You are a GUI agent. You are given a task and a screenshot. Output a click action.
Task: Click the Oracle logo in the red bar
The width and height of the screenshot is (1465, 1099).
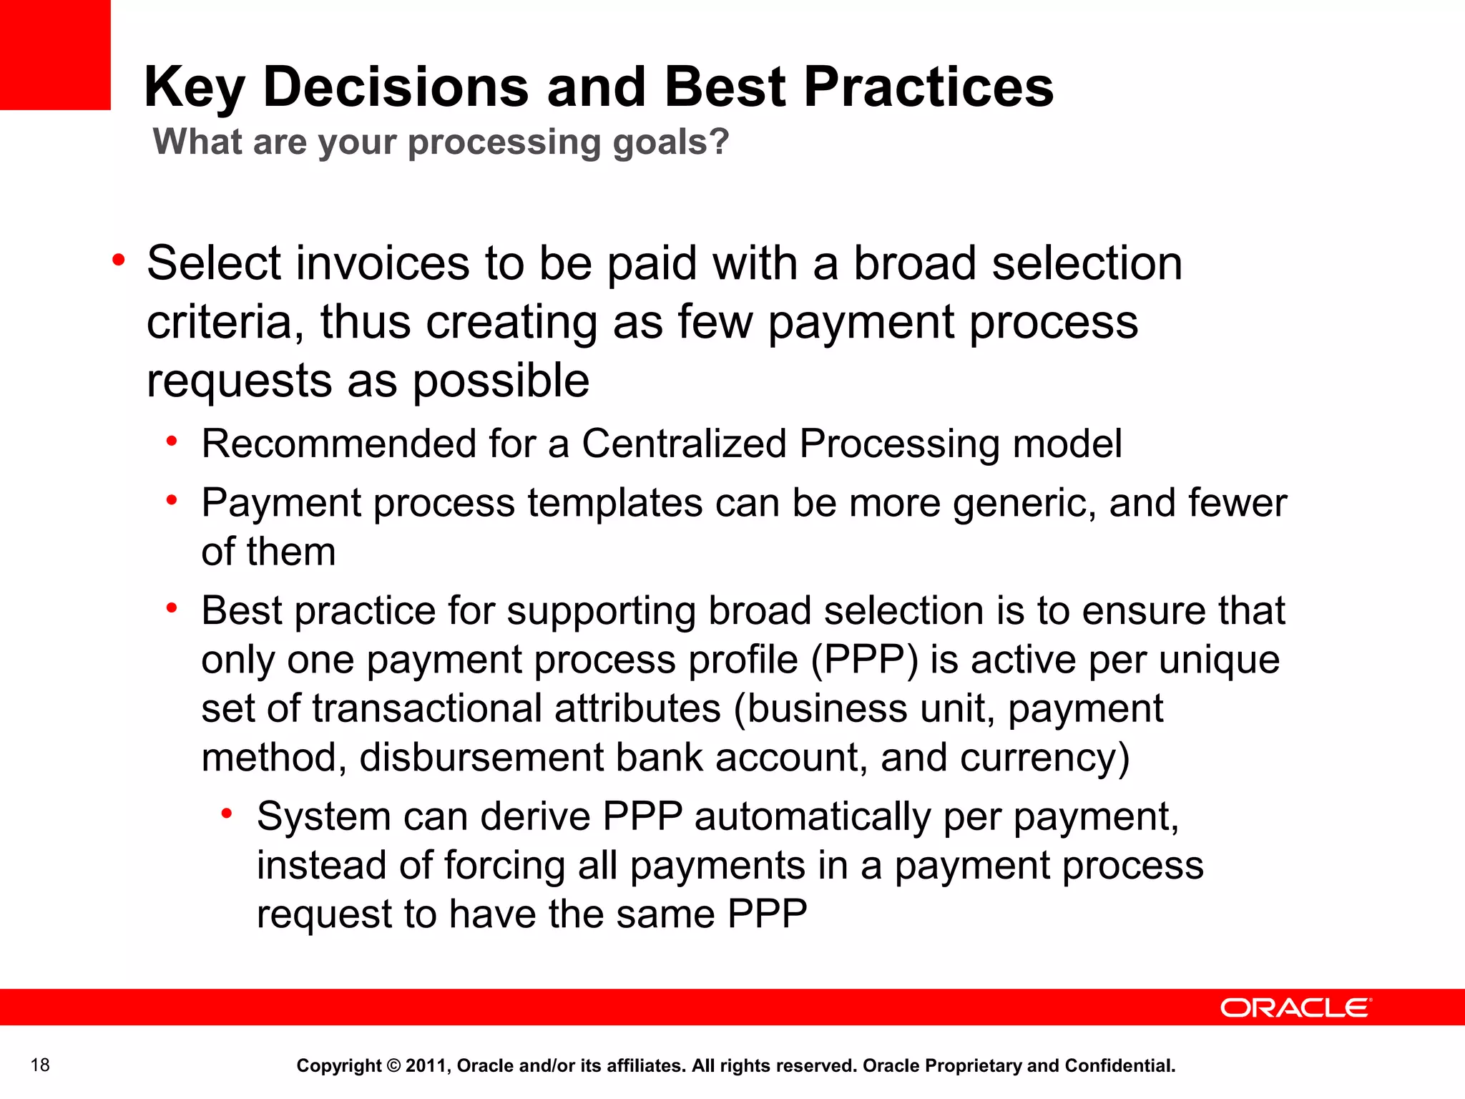click(1295, 1008)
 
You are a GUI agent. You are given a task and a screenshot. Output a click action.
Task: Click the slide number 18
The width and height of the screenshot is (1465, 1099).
click(40, 1065)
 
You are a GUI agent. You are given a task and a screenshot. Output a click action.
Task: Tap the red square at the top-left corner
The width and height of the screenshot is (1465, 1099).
click(55, 54)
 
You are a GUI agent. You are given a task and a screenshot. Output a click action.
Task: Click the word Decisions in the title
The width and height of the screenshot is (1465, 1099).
click(396, 87)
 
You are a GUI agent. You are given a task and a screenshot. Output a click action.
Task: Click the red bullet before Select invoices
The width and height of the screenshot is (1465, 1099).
click(119, 260)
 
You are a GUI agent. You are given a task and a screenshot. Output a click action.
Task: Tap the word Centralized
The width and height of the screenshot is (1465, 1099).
click(684, 444)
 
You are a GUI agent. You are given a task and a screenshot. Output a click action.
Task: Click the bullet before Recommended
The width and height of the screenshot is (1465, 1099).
click(172, 441)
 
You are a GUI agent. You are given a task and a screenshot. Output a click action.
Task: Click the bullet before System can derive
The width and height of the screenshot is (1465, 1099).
click(227, 814)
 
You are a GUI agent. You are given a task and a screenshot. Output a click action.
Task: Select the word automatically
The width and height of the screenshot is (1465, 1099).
click(813, 816)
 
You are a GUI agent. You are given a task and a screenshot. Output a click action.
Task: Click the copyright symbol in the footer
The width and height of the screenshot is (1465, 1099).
click(393, 1066)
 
